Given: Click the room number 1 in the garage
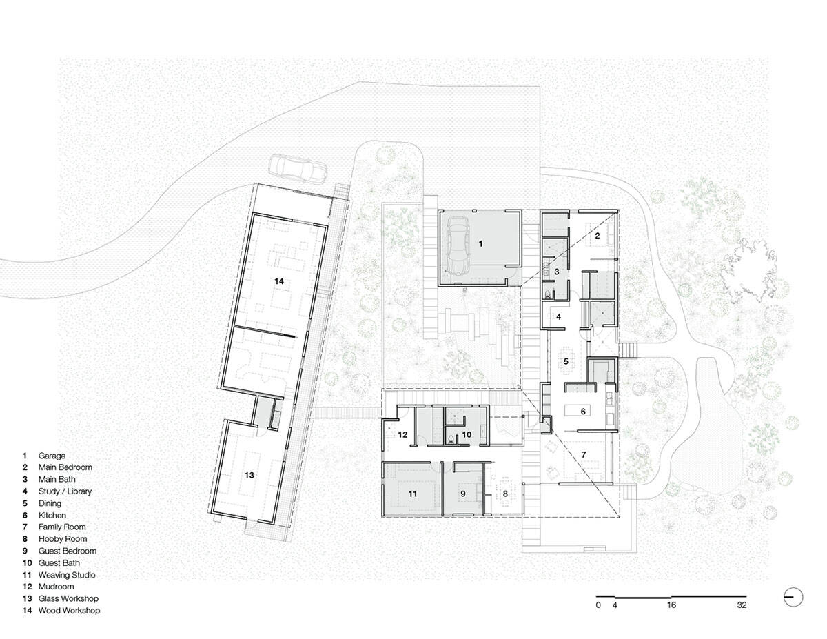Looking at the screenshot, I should click(481, 243).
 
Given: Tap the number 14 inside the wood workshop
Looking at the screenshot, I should click(278, 281).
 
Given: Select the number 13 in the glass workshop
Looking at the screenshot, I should click(249, 475).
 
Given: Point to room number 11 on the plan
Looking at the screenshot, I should click(413, 494).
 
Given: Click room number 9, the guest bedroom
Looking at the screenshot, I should click(463, 494).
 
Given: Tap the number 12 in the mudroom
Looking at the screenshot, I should click(403, 435).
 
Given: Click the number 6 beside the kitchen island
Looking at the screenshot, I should click(583, 411).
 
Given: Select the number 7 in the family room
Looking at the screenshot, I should click(583, 455).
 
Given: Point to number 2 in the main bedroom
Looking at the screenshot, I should click(598, 236).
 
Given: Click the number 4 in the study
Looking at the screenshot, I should click(559, 317).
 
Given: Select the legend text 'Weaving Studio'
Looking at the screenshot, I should click(67, 575).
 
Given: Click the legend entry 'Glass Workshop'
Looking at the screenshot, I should click(68, 598).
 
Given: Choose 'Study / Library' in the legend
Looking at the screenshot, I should click(65, 491).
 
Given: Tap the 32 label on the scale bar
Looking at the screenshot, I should click(741, 606).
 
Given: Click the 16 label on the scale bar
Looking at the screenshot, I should click(671, 606).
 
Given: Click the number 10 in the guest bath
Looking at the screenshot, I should click(467, 435).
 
